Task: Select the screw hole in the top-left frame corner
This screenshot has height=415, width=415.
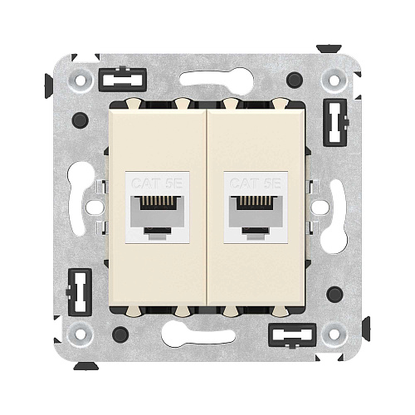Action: coord(81,81)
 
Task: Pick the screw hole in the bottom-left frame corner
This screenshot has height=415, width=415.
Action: coord(81,333)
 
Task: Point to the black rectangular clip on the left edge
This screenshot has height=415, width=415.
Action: coord(79,293)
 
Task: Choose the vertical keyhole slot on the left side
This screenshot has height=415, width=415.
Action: coord(81,189)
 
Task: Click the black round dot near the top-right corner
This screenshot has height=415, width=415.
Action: coord(294,80)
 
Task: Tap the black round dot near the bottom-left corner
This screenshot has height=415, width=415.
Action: coord(120,334)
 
